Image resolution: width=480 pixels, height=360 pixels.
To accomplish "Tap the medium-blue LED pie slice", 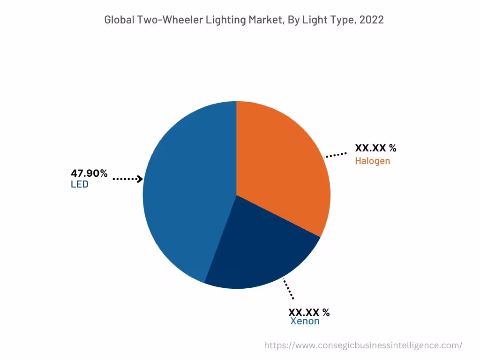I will [x=187, y=197].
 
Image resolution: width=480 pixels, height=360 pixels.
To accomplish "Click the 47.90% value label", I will [x=89, y=173].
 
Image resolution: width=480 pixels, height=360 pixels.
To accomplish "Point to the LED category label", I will [x=79, y=184].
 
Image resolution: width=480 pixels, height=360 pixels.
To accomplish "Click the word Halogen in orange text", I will [x=372, y=161].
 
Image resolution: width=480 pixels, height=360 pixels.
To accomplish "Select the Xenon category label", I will [x=305, y=321].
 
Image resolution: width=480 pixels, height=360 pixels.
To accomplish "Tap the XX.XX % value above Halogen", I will [x=375, y=148].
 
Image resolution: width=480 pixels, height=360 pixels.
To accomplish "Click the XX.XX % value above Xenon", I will [x=308, y=312].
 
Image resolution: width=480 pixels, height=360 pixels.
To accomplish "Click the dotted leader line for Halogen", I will [x=336, y=155].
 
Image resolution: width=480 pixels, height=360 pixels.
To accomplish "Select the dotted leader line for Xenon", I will [x=288, y=289].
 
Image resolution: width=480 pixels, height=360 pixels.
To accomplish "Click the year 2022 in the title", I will [x=372, y=20].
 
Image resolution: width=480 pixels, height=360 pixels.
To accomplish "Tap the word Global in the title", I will [x=118, y=20].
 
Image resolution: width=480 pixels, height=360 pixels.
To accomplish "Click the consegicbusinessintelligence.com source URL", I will [x=363, y=345].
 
